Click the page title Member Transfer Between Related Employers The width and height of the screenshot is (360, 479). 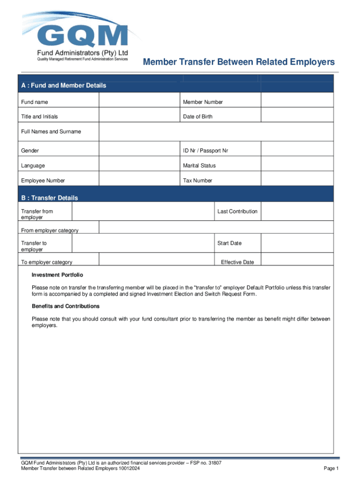tap(238, 62)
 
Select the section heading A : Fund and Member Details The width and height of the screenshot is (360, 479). tap(64, 86)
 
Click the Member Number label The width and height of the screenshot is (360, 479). tap(203, 102)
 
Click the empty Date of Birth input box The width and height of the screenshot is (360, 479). tap(297, 116)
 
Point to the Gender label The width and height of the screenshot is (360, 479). tap(30, 151)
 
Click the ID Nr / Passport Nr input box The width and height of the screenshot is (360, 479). tap(297, 151)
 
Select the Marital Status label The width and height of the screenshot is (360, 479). tap(200, 166)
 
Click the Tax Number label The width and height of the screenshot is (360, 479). tap(197, 181)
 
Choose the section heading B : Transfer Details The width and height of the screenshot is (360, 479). tap(50, 198)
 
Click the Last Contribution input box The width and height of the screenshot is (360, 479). tap(297, 211)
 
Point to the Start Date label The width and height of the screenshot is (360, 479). tap(229, 243)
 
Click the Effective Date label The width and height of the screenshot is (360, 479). tap(238, 262)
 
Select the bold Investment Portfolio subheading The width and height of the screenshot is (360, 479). tap(58, 275)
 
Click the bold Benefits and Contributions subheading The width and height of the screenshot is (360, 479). tap(65, 306)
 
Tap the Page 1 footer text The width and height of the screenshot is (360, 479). tap(331, 469)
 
